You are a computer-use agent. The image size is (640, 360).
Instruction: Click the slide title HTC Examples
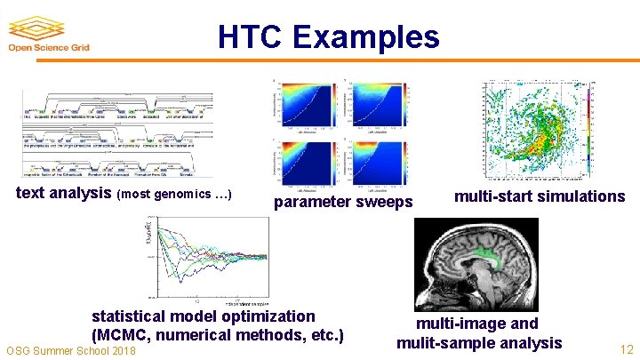(328, 37)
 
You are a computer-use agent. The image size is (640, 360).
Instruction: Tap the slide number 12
(625, 349)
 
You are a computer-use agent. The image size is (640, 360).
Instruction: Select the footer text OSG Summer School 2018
(71, 352)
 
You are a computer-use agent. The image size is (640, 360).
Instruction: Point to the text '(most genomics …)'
(175, 194)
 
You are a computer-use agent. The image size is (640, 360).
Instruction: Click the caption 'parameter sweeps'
(343, 202)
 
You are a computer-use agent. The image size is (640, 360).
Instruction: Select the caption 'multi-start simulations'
(540, 196)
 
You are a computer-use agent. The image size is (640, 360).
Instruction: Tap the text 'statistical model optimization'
(203, 316)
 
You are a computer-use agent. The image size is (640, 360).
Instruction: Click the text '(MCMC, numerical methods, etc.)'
(217, 335)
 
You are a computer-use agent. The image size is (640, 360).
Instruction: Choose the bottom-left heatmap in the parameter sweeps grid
(306, 161)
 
